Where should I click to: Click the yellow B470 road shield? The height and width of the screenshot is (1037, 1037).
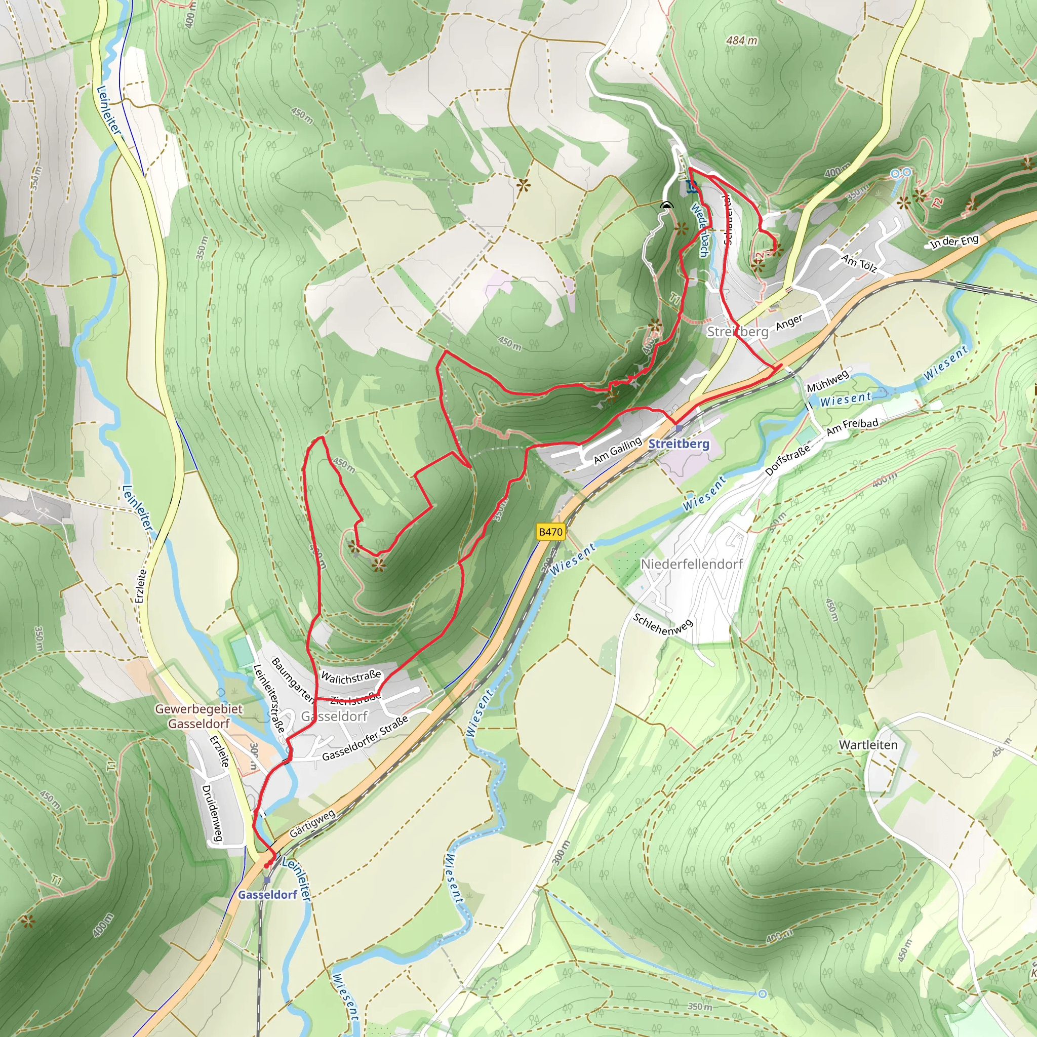[550, 532]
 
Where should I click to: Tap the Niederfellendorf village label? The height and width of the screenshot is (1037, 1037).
[691, 564]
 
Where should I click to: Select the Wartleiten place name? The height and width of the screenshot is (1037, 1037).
[868, 745]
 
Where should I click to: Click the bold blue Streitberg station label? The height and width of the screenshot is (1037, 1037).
[679, 444]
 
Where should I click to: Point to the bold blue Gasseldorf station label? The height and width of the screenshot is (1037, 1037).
[267, 895]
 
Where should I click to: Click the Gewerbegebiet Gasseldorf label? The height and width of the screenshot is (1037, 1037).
[198, 716]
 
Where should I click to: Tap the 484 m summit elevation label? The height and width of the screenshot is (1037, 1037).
[742, 41]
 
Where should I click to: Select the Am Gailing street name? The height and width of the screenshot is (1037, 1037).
[617, 450]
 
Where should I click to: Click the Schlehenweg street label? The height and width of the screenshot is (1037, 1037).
[663, 624]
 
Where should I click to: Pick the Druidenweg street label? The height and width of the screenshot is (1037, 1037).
[212, 813]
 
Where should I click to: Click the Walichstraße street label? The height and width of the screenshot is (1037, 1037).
[351, 677]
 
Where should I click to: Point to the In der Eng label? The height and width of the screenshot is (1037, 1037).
[954, 242]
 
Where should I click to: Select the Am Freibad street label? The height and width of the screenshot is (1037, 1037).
[852, 427]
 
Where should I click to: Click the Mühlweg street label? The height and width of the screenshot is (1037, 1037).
[828, 381]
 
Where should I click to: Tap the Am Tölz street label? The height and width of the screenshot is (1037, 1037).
[859, 263]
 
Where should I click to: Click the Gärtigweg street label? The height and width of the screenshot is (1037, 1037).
[312, 823]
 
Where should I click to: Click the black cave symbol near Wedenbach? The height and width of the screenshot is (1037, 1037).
[666, 205]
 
